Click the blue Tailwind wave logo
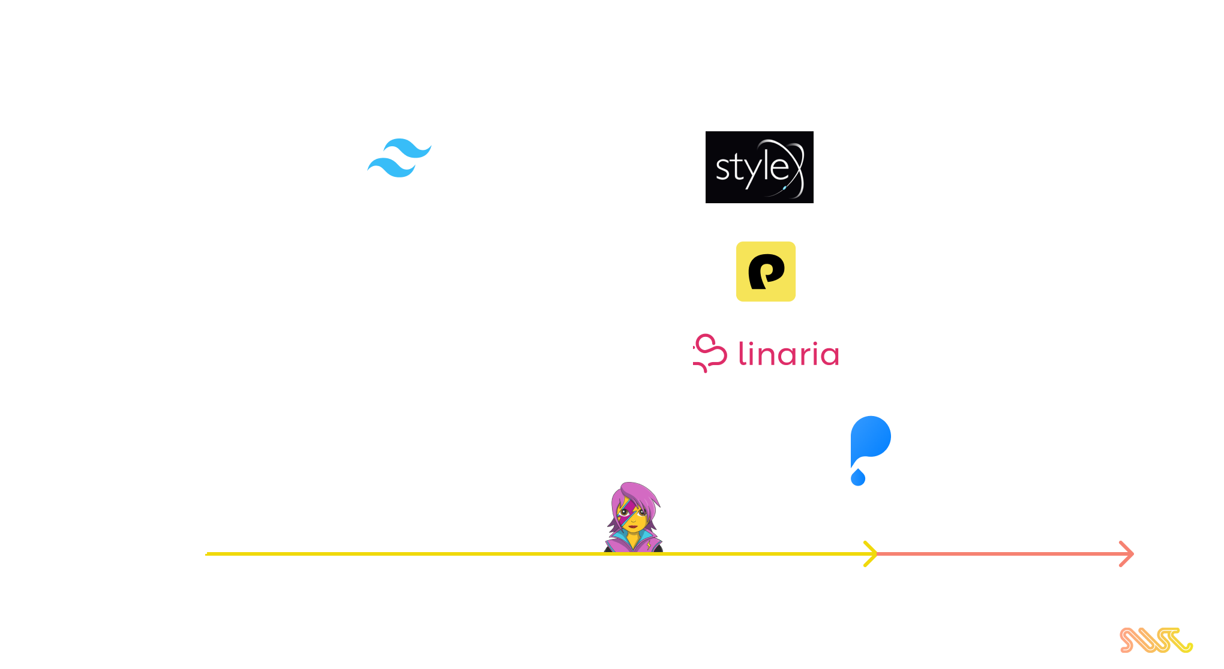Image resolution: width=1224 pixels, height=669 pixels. (400, 158)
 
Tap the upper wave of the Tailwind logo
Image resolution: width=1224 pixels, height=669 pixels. (408, 148)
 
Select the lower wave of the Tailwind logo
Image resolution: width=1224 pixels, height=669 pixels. (391, 168)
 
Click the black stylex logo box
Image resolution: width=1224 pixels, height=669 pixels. (760, 167)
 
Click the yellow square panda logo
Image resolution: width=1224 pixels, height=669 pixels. (766, 272)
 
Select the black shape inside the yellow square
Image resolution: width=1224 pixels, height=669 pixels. (766, 272)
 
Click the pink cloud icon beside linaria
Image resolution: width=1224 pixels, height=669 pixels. (710, 353)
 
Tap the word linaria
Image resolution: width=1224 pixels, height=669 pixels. (788, 354)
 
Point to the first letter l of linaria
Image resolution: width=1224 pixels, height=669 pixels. (742, 353)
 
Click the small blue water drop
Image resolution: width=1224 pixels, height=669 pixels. (858, 478)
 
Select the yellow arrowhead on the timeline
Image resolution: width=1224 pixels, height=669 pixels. (871, 554)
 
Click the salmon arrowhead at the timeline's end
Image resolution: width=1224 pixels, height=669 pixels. (1127, 554)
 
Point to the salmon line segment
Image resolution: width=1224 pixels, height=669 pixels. (1004, 554)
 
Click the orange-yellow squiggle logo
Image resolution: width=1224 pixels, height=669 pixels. (1156, 640)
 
